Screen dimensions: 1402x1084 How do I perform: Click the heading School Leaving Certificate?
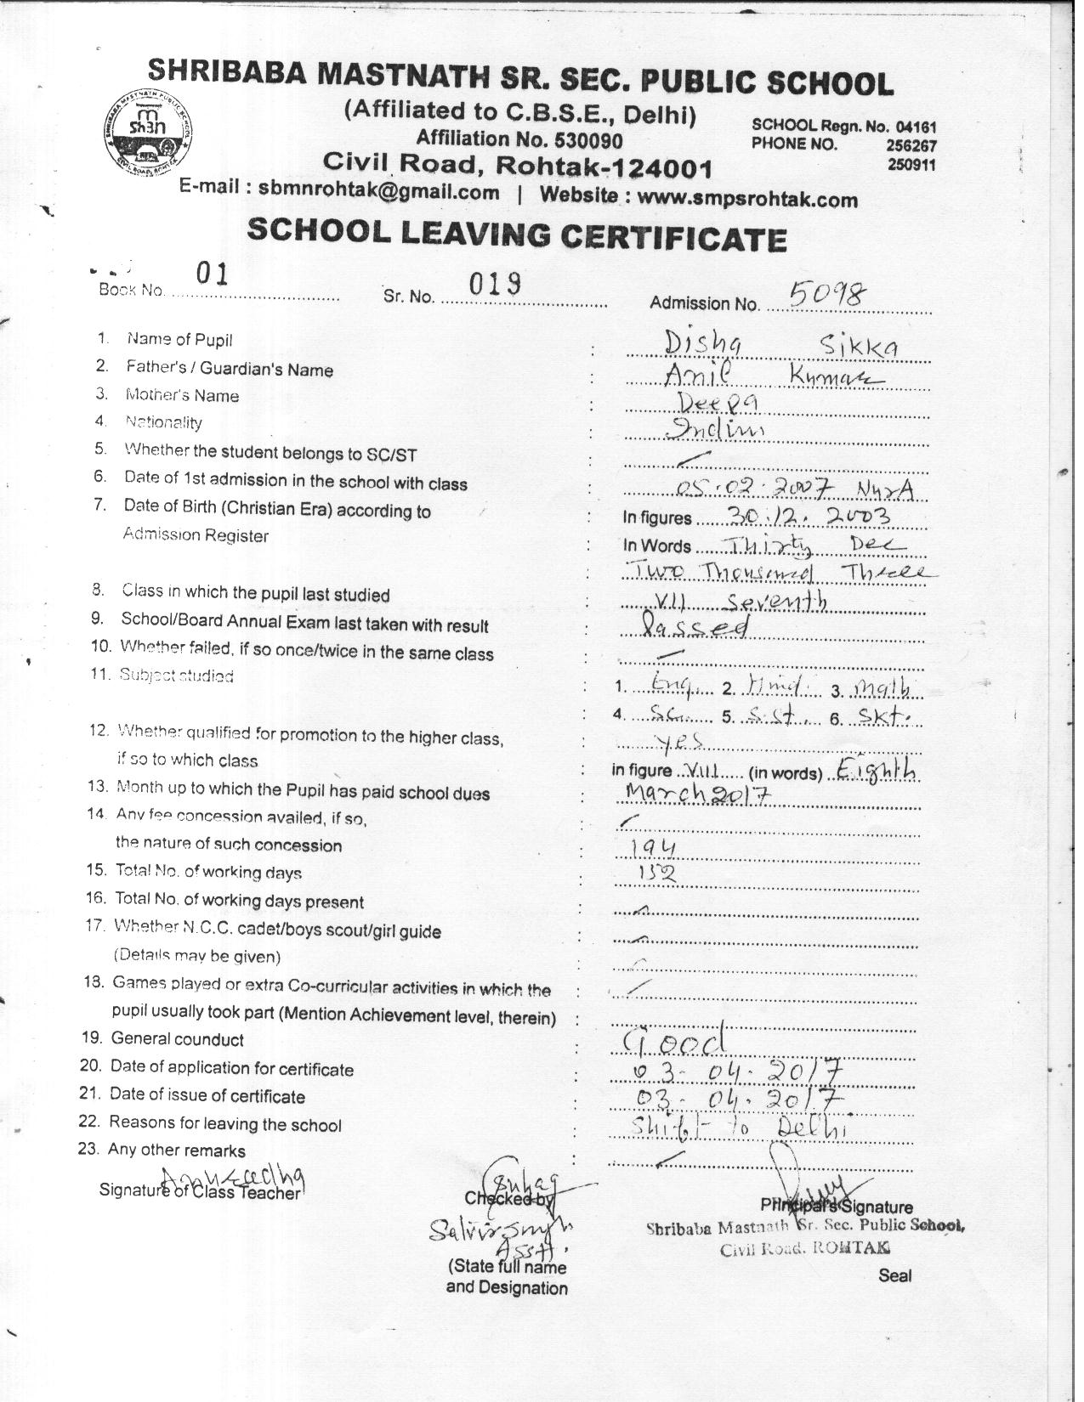coord(516,234)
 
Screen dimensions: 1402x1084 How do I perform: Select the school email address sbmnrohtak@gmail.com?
coord(378,191)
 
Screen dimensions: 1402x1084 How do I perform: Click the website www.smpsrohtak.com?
coord(747,198)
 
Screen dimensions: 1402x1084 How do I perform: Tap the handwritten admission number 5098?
coord(827,294)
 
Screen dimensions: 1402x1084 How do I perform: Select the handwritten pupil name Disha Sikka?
coord(780,345)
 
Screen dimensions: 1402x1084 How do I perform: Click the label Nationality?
coord(163,421)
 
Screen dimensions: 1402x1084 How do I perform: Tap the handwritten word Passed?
coord(696,627)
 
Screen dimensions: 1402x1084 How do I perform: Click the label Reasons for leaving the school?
coord(225,1124)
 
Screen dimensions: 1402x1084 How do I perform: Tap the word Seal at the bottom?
coord(895,1275)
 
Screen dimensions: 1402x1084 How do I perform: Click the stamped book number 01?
coord(212,274)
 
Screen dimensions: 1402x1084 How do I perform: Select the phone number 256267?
coord(911,145)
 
